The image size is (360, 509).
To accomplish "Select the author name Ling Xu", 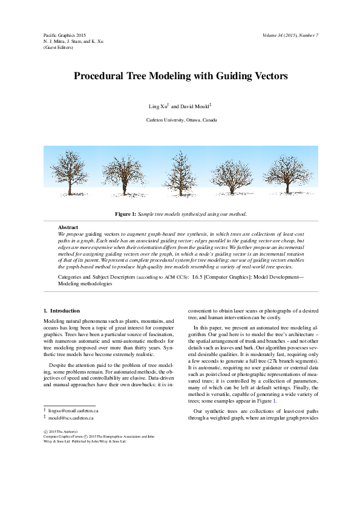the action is coord(157,106).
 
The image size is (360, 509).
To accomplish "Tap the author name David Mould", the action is coord(194,106).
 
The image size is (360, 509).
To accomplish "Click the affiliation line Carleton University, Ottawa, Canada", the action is coord(181,120).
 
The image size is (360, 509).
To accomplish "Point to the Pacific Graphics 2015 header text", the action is coord(65,35).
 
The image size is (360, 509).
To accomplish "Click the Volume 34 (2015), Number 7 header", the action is coord(290,35).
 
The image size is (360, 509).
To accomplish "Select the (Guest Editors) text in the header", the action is coord(58,47).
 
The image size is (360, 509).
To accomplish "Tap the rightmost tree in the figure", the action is coord(289,174).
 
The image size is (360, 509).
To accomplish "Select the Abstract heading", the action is coord(68,227).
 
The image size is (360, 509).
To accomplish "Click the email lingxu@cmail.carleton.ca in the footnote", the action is coord(73,410).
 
